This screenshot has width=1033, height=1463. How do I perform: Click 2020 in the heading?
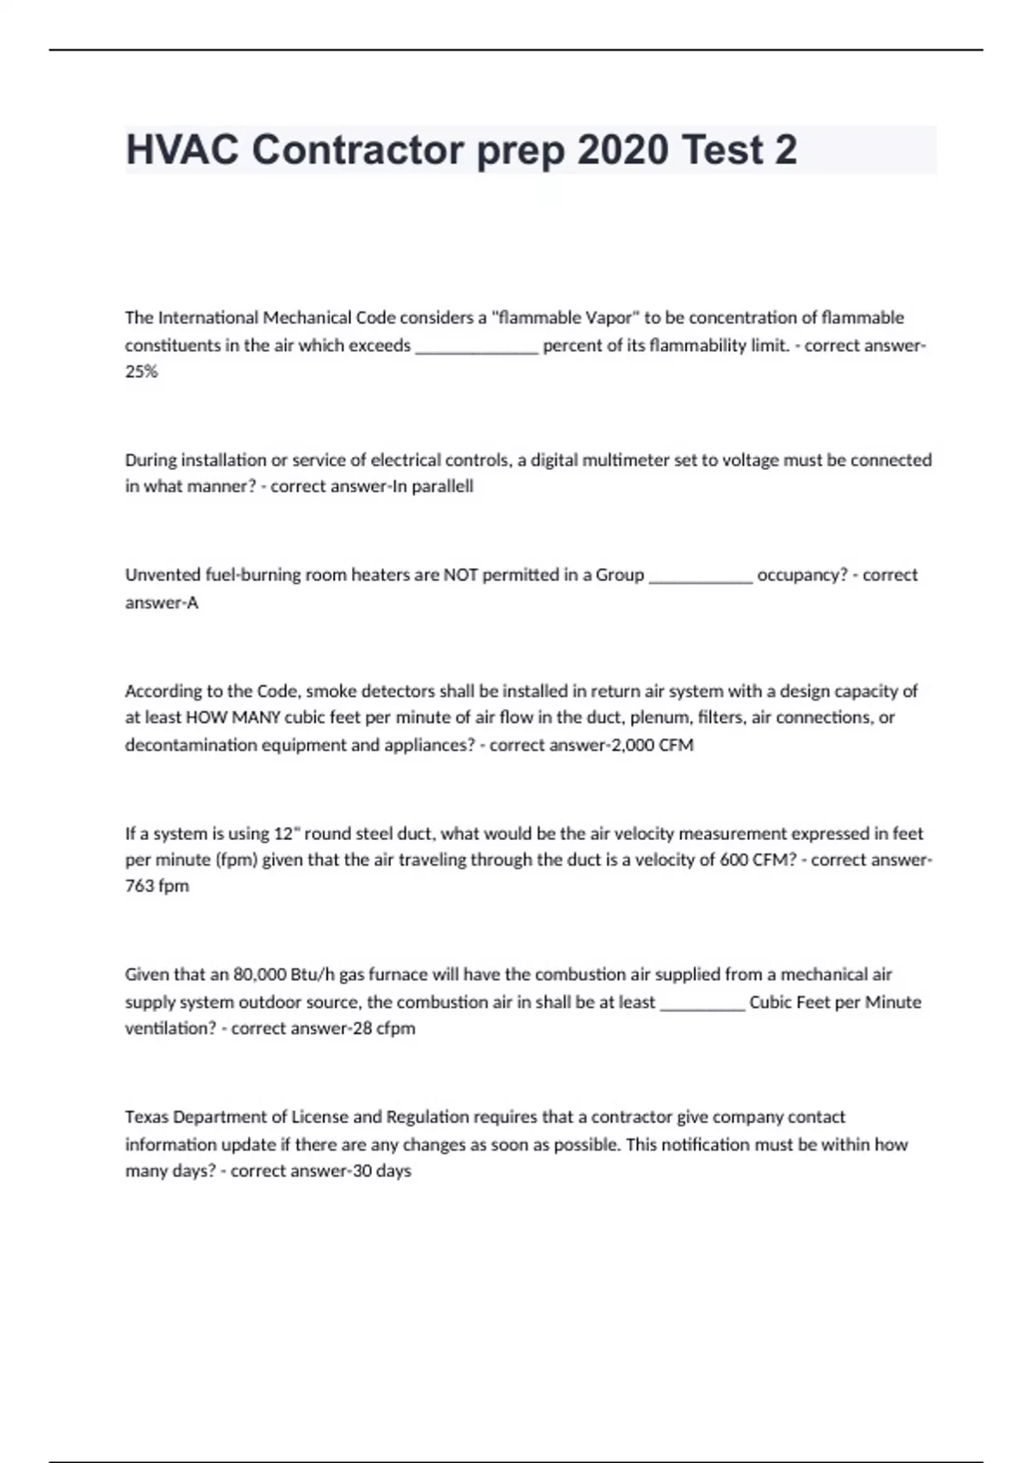coord(622,151)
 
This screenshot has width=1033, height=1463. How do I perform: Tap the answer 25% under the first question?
coord(141,372)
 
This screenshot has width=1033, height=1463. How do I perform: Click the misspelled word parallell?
coord(442,486)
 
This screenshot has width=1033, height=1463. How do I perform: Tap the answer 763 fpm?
coord(157,886)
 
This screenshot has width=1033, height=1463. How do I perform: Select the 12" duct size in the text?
coord(286,833)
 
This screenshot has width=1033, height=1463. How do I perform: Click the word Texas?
coord(146,1117)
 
